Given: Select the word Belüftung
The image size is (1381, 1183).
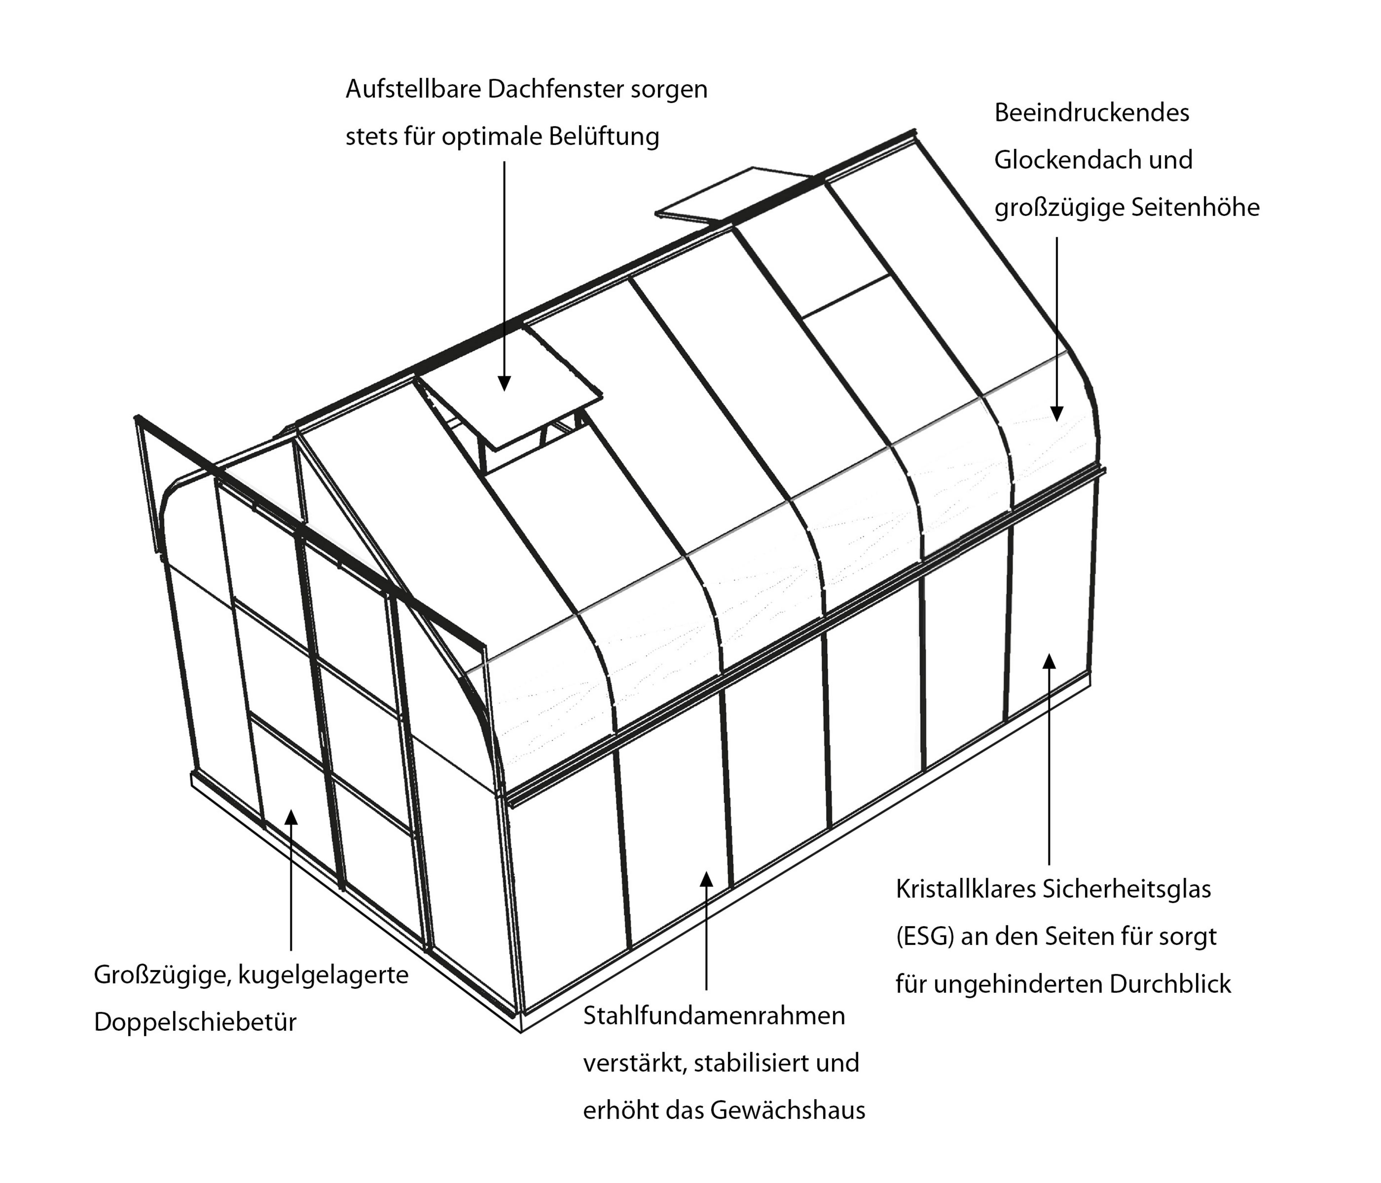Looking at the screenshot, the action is (604, 137).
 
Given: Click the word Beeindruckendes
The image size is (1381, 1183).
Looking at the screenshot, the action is (1092, 113).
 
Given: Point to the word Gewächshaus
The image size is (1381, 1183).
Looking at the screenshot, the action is (788, 1110).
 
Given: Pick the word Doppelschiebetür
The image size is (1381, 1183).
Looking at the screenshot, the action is (195, 1022).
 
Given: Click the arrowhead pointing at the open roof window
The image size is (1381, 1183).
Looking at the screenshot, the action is (504, 382).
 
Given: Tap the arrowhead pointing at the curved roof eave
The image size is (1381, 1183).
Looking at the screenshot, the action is (1056, 413).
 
